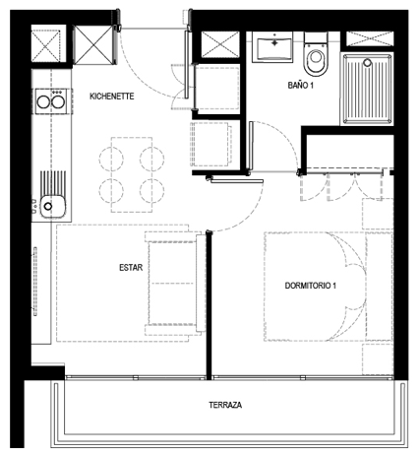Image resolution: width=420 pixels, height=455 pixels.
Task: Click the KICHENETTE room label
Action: pos(112,97)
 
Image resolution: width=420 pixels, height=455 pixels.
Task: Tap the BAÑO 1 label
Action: pos(301,86)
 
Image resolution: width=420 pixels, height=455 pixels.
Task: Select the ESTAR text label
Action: pos(131,268)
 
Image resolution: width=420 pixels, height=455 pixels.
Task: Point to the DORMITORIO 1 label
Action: pos(310,286)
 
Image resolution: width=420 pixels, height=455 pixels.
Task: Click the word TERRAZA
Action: pos(225,405)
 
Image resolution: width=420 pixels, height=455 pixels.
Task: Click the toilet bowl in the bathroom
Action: pos(316,61)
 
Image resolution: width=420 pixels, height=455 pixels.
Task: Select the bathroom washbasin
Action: pos(272,47)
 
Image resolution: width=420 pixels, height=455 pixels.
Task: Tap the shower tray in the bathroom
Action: pos(367,90)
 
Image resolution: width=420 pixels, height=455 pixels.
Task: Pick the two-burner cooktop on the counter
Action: pos(51,101)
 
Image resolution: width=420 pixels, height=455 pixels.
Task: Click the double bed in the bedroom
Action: pos(315,287)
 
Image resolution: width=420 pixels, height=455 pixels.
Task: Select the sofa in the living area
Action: pos(172,283)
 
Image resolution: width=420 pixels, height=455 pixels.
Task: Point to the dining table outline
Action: pos(132,174)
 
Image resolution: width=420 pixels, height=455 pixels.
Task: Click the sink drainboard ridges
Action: pos(53,183)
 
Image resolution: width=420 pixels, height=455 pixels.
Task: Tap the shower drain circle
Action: pos(368,62)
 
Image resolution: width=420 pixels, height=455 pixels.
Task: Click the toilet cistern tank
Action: pos(316,38)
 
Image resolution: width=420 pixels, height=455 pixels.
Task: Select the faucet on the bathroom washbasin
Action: pos(274,41)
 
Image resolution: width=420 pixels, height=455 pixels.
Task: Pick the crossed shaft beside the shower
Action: pos(370,38)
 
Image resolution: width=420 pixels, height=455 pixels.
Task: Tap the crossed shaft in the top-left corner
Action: pos(46,45)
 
